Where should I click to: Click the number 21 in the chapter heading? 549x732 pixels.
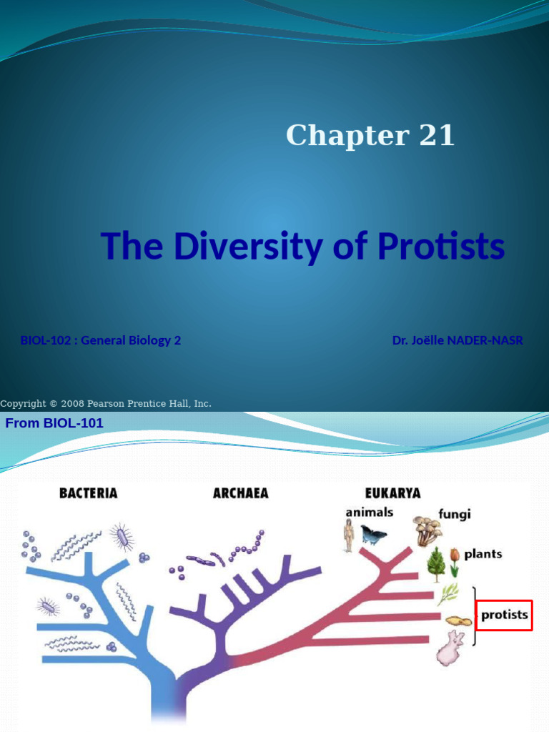[x=436, y=135]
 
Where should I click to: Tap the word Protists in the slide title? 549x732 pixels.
[x=441, y=247]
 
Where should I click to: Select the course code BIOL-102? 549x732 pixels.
[x=46, y=340]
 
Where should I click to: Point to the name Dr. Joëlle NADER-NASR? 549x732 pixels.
[x=457, y=340]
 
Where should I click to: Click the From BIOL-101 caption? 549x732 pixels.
[x=54, y=423]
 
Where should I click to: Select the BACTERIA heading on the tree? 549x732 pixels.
[x=88, y=493]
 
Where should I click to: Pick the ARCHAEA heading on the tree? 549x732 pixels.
[x=240, y=493]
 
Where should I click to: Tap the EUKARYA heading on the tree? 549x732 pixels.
[x=392, y=493]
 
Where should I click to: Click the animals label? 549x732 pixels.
[x=369, y=512]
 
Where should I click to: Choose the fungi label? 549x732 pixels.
[x=455, y=514]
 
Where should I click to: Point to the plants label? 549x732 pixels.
[x=483, y=554]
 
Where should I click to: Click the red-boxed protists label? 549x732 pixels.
[x=504, y=615]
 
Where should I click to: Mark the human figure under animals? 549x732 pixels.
[x=349, y=535]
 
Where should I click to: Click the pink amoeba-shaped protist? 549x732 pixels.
[x=450, y=648]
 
